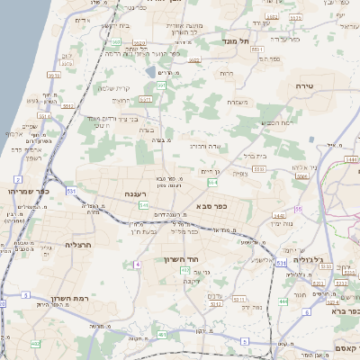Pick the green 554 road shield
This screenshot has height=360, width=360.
(212, 183)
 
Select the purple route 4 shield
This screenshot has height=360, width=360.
(138, 265)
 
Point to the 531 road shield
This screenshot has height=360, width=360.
(281, 264)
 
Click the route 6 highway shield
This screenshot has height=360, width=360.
(306, 312)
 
